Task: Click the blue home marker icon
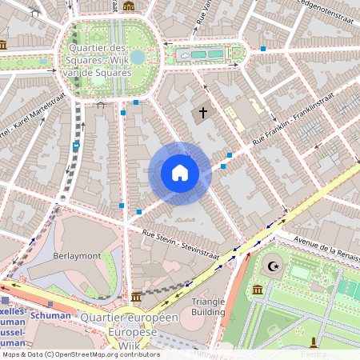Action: (180, 173)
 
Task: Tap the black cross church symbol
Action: (203, 114)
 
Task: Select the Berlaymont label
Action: (77, 255)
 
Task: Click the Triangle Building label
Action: (208, 306)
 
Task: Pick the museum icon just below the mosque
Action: (258, 289)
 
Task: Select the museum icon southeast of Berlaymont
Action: (138, 296)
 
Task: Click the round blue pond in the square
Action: (138, 57)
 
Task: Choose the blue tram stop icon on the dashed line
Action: (76, 146)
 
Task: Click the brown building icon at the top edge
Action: (129, 6)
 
